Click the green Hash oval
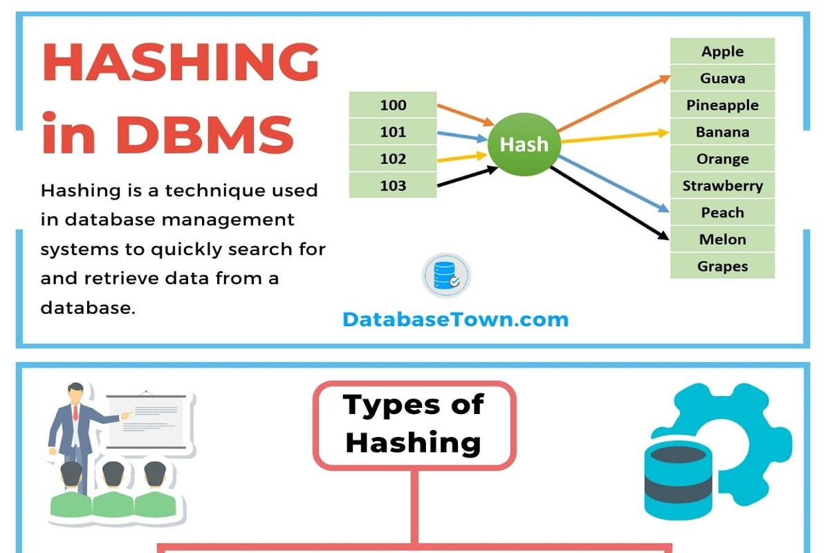click(x=524, y=144)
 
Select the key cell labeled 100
click(x=393, y=105)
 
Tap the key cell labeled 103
click(x=393, y=185)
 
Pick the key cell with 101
click(x=393, y=132)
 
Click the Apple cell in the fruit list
click(x=722, y=51)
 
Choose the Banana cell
click(x=722, y=132)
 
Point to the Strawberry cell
click(x=722, y=185)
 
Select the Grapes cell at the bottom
click(x=722, y=266)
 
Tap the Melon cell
click(x=722, y=239)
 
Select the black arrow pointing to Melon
click(x=612, y=205)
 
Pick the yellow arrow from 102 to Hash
click(x=462, y=159)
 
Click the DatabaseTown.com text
click(x=455, y=319)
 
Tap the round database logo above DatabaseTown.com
click(x=446, y=275)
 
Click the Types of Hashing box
click(x=414, y=424)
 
